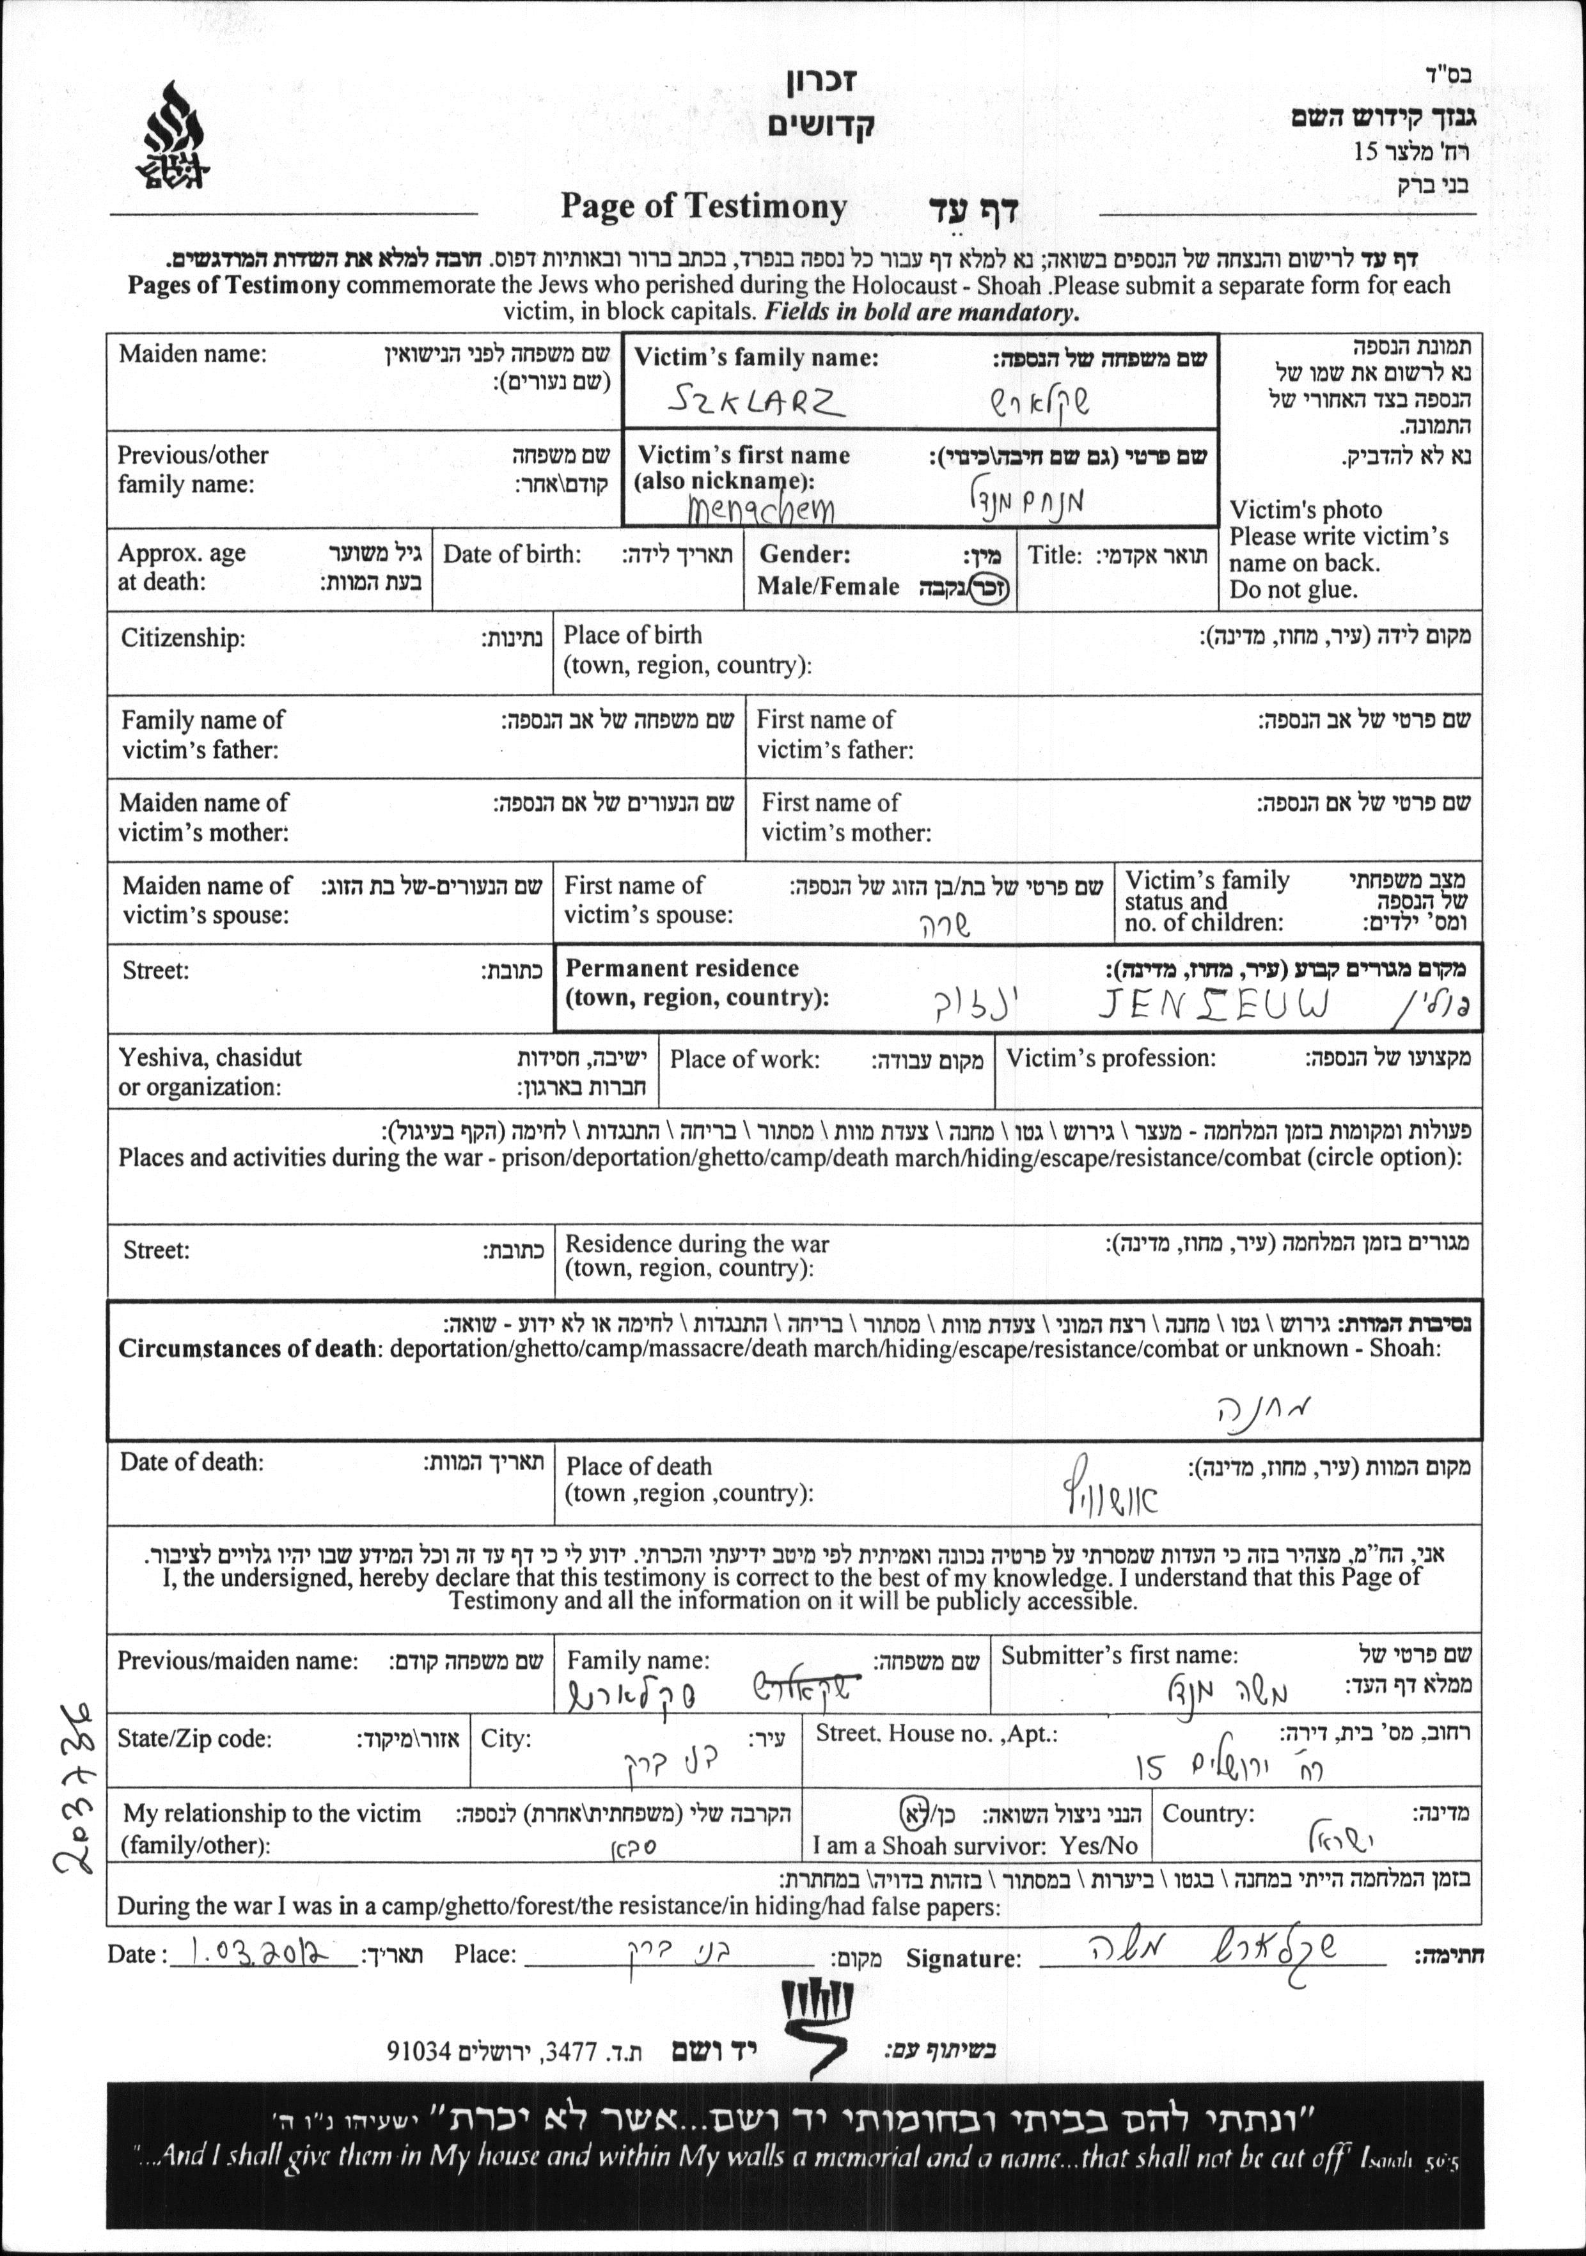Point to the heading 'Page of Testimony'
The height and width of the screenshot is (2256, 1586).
tap(703, 207)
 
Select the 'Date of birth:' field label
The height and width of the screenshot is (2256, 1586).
tap(512, 554)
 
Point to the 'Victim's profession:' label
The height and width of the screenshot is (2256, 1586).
tap(1110, 1058)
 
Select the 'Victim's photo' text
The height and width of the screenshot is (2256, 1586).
tap(1305, 510)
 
